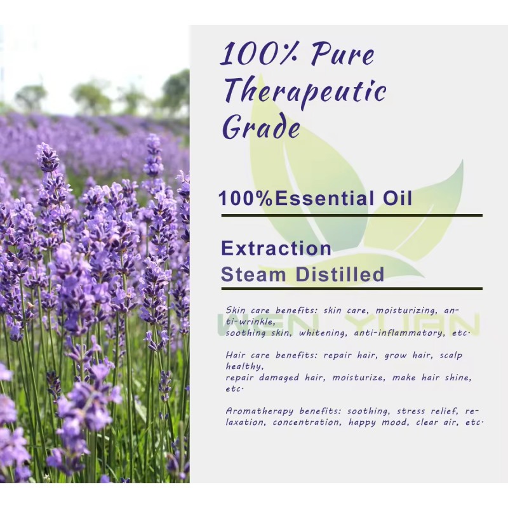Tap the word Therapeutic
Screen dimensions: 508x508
(305, 92)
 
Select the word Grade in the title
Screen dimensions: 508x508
(261, 127)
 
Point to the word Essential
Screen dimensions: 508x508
(327, 198)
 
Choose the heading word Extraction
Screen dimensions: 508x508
(276, 248)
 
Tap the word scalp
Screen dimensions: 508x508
(453, 356)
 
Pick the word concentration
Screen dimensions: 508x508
(304, 422)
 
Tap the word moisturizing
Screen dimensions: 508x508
(405, 311)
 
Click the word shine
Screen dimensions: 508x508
(458, 377)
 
